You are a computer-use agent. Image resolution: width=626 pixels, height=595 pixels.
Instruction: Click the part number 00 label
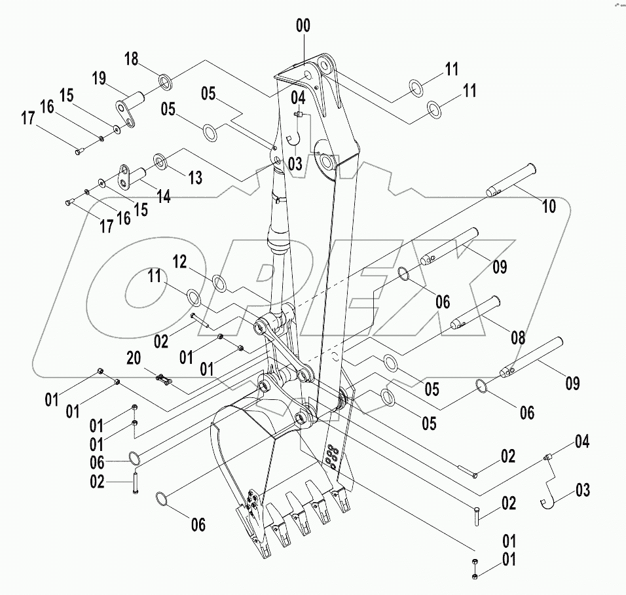(303, 26)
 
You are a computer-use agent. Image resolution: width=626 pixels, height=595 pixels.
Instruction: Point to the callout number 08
(518, 338)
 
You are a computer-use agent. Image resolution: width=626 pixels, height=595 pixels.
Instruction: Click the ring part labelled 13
(160, 160)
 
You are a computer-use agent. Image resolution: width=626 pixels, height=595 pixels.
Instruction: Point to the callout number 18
(132, 59)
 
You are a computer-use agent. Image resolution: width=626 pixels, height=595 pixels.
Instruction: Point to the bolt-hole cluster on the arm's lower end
(332, 454)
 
